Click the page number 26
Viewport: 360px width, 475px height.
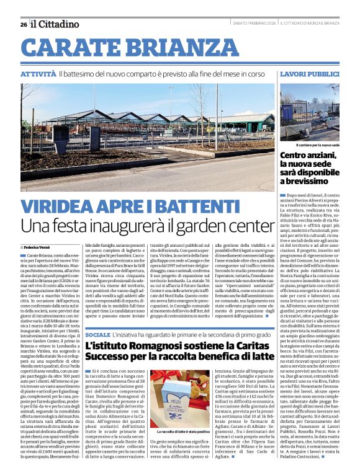coord(23,24)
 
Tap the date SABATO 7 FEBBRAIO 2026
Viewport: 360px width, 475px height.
coord(250,24)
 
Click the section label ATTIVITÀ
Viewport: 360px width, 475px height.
coord(38,74)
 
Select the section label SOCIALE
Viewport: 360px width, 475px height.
coord(98,334)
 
